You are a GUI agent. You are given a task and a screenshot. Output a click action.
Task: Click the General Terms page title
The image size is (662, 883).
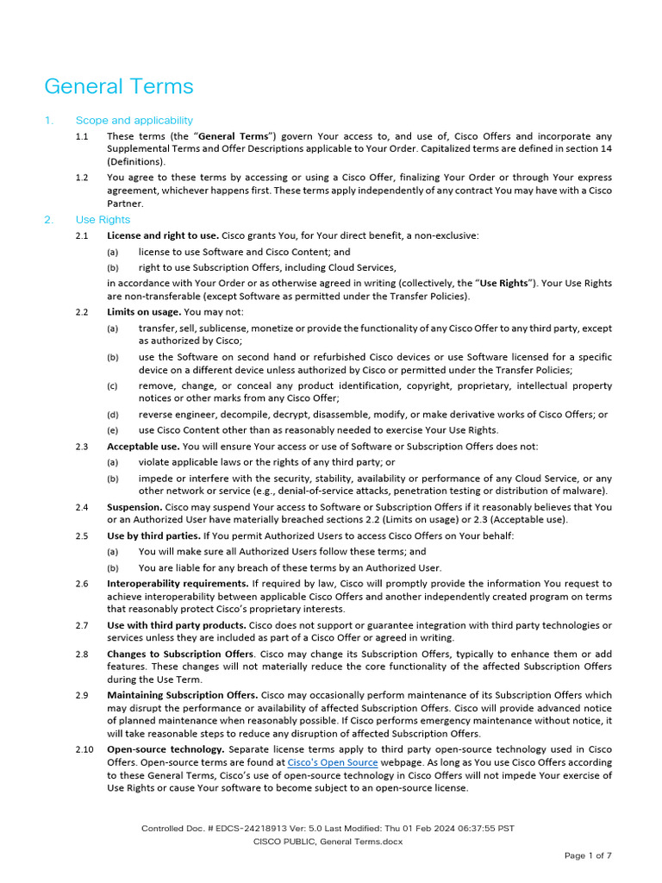coord(119,86)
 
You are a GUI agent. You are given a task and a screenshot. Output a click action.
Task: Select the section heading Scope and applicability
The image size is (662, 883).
coord(134,121)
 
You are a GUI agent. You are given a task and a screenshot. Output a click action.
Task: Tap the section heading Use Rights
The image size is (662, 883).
coord(103,220)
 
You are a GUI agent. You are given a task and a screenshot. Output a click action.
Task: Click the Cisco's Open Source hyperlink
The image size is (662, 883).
coord(332,762)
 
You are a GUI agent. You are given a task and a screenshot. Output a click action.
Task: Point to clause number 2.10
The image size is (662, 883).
coord(84,749)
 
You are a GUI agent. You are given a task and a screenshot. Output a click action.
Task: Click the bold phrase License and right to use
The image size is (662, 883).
coord(162,235)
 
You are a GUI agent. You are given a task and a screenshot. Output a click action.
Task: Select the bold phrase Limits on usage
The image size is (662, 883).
coord(144,311)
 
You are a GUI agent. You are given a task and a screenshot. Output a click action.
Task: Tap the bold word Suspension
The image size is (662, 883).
coord(134,507)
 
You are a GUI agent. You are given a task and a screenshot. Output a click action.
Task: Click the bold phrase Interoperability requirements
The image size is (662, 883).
coord(178,584)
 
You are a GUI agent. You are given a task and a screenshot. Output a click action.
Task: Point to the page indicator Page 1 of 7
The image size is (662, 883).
coord(588,855)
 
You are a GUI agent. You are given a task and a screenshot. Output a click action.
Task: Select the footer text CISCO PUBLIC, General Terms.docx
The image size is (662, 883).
coord(328,842)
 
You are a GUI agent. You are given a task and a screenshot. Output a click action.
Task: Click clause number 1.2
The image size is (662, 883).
coord(82,178)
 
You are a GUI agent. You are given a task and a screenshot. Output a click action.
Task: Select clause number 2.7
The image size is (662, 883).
coord(82,625)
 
